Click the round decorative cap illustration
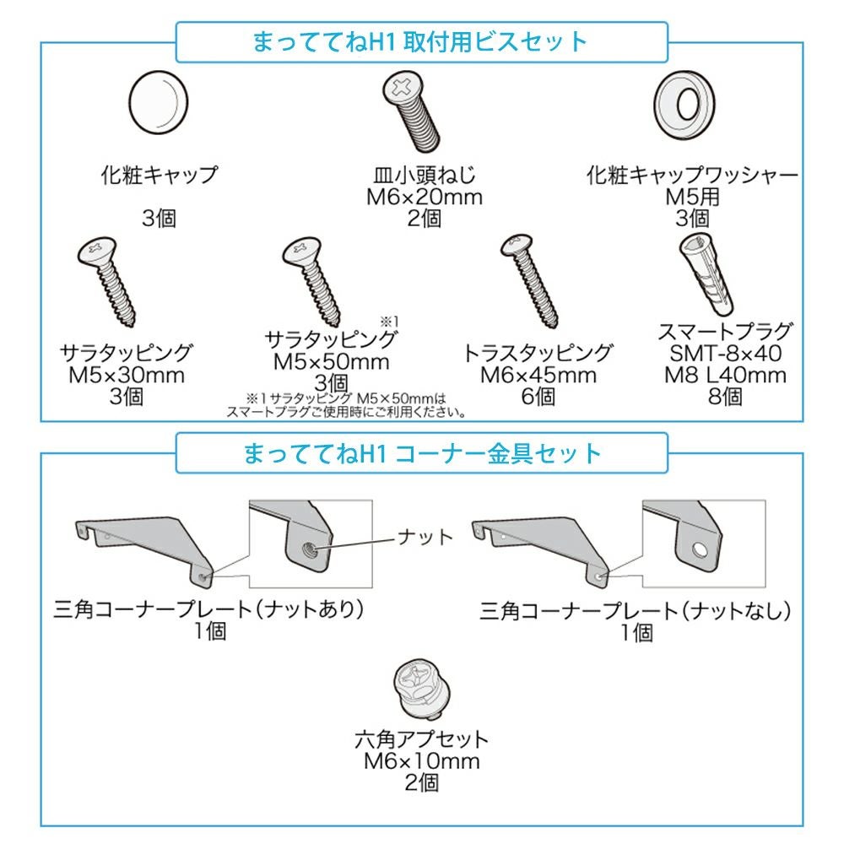(x=159, y=102)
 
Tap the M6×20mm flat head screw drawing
(x=412, y=111)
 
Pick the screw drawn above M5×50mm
(x=311, y=281)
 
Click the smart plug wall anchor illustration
(x=706, y=274)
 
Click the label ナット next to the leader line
(x=425, y=537)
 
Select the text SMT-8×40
(x=725, y=353)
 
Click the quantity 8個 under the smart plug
(x=725, y=396)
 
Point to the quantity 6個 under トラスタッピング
(x=538, y=396)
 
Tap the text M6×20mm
(x=425, y=197)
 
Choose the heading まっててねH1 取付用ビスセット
(x=420, y=41)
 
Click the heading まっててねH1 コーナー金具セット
(x=422, y=453)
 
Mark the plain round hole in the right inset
(x=701, y=549)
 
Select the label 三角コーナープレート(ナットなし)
(x=636, y=610)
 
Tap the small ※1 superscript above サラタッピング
(x=389, y=322)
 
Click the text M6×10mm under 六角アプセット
(x=421, y=761)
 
